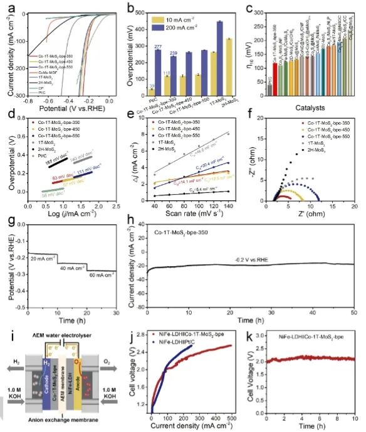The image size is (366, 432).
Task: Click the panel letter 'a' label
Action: click(11, 8)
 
